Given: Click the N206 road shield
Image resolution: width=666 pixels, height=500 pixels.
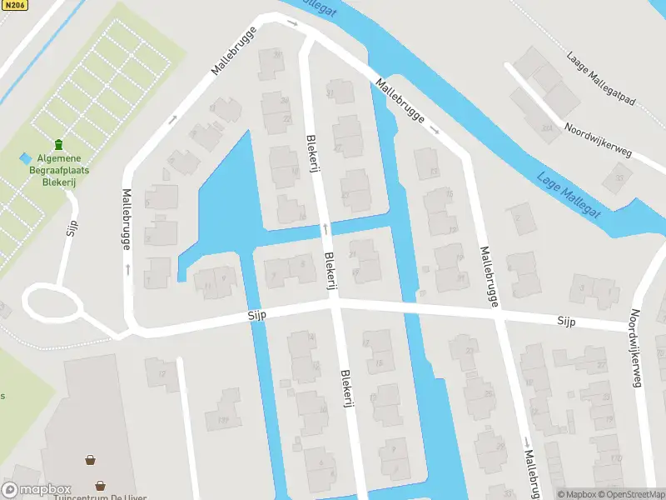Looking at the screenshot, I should click(x=14, y=5).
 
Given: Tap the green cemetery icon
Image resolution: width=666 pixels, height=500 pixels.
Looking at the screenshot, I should click(x=58, y=147).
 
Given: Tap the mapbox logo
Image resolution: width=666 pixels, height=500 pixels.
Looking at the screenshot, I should click(x=37, y=490).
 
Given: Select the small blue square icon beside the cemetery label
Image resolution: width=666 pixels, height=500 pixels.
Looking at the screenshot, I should click(x=25, y=157).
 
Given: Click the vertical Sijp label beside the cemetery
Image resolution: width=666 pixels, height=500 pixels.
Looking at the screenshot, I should click(x=72, y=227).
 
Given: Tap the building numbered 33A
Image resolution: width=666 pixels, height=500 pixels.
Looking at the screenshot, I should click(x=545, y=127).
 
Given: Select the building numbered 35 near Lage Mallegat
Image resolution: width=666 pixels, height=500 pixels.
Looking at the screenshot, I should click(x=618, y=176).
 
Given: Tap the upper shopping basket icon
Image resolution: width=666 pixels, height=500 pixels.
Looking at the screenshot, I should click(x=90, y=458).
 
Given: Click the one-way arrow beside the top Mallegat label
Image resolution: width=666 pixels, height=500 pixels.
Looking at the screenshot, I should click(x=292, y=22).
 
